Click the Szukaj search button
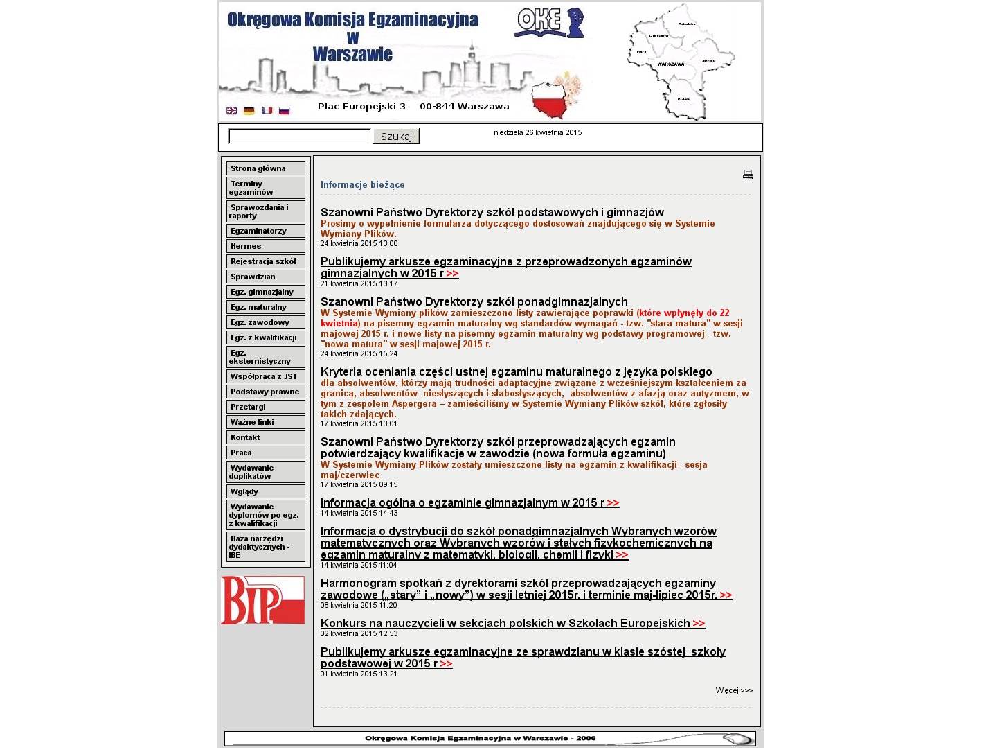click(396, 137)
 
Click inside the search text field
click(299, 137)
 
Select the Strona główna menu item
click(265, 168)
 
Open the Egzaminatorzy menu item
click(265, 231)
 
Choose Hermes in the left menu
click(265, 246)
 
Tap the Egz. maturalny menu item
click(265, 307)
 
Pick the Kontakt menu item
click(265, 437)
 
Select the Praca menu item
click(265, 453)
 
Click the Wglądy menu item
click(265, 491)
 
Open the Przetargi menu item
click(265, 407)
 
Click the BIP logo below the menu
click(262, 600)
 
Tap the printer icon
click(748, 175)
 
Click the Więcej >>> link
click(734, 690)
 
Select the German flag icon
click(249, 110)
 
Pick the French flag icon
click(267, 110)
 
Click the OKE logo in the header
click(549, 22)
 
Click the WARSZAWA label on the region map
click(670, 64)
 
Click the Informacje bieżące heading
click(362, 184)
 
